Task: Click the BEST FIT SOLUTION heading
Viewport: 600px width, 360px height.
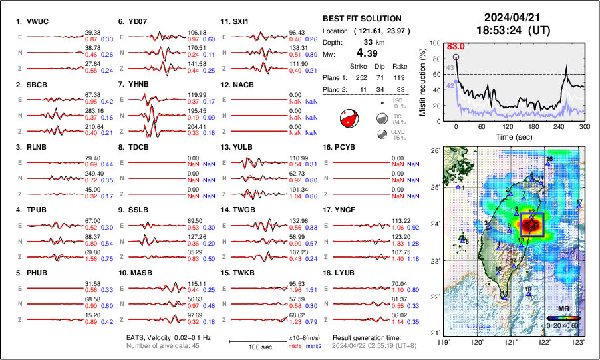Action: [362, 19]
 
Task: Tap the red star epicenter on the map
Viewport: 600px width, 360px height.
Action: [531, 226]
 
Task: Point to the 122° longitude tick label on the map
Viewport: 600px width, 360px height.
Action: [545, 342]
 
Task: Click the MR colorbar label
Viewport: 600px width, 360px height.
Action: [563, 310]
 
